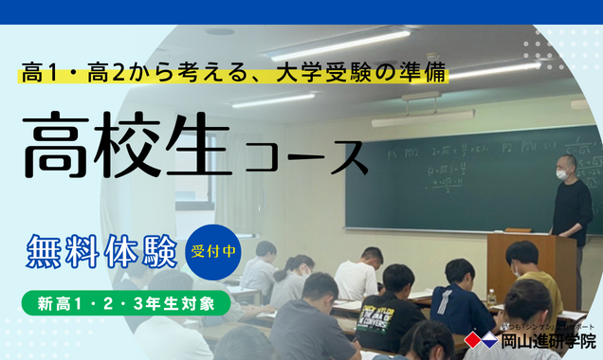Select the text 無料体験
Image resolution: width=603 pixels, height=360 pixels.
point(102,254)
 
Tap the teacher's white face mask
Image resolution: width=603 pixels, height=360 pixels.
point(561,174)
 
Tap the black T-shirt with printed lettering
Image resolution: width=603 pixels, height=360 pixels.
point(388,317)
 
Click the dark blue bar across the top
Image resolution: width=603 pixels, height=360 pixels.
point(301,11)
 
